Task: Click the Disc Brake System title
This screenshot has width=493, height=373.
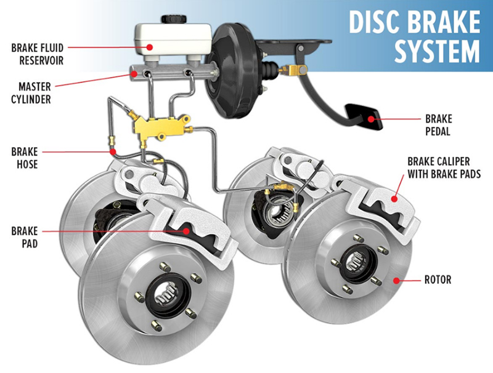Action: point(414,37)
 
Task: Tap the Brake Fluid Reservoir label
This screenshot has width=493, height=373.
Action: point(38,54)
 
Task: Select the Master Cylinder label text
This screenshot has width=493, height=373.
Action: point(31,93)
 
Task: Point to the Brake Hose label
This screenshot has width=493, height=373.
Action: point(25,158)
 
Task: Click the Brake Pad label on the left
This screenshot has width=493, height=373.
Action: point(25,237)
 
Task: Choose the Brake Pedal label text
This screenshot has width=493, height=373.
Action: point(439,125)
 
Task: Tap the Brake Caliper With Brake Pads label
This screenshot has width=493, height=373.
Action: point(444,167)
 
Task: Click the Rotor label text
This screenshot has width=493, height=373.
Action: point(438,279)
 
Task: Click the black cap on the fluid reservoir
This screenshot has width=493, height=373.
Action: point(174,19)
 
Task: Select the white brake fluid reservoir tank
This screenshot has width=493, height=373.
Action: point(173,39)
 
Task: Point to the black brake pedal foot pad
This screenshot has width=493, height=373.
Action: point(364,116)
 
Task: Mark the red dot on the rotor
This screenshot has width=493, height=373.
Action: point(397,280)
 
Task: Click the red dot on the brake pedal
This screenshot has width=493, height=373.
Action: point(372,119)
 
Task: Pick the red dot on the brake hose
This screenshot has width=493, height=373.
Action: point(113,152)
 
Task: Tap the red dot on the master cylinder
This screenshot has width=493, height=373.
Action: point(134,74)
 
